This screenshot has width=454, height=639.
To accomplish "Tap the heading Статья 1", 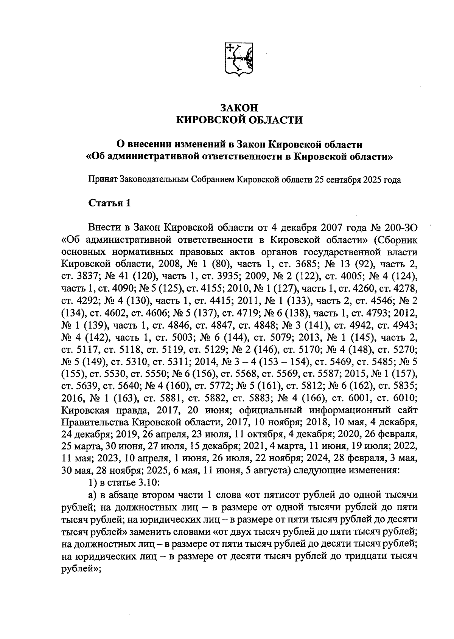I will [110, 203].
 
